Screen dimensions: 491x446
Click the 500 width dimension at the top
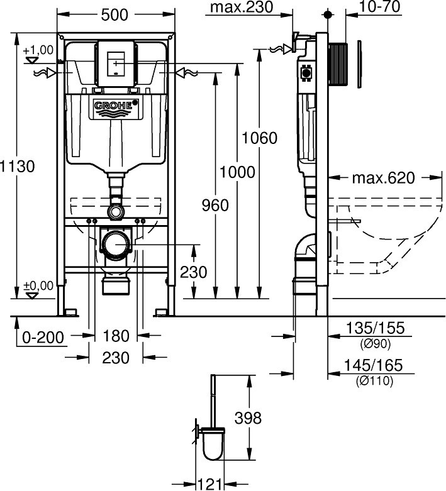click(116, 16)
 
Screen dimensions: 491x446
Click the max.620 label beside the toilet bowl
click(383, 178)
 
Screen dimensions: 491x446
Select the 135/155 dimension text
click(376, 328)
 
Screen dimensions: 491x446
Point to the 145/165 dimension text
click(376, 365)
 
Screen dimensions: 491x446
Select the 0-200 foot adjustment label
click(42, 338)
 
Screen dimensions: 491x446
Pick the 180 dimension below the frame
click(116, 336)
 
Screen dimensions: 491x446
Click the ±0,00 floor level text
click(38, 285)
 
